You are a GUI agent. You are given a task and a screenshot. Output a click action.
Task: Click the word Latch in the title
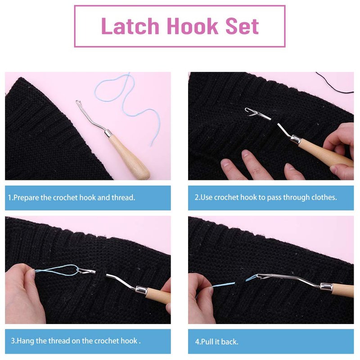[x=130, y=26]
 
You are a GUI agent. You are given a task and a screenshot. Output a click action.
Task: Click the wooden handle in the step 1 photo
[x=129, y=157]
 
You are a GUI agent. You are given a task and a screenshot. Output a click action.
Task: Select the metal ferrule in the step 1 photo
[x=108, y=133]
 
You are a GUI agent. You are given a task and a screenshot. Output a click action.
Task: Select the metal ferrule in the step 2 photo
[x=296, y=139]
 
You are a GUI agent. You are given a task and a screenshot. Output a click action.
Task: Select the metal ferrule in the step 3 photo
[x=142, y=290]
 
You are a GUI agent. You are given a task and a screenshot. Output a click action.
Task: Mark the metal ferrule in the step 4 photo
[x=326, y=287]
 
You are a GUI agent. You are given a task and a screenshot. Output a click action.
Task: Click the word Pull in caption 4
[x=208, y=342]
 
